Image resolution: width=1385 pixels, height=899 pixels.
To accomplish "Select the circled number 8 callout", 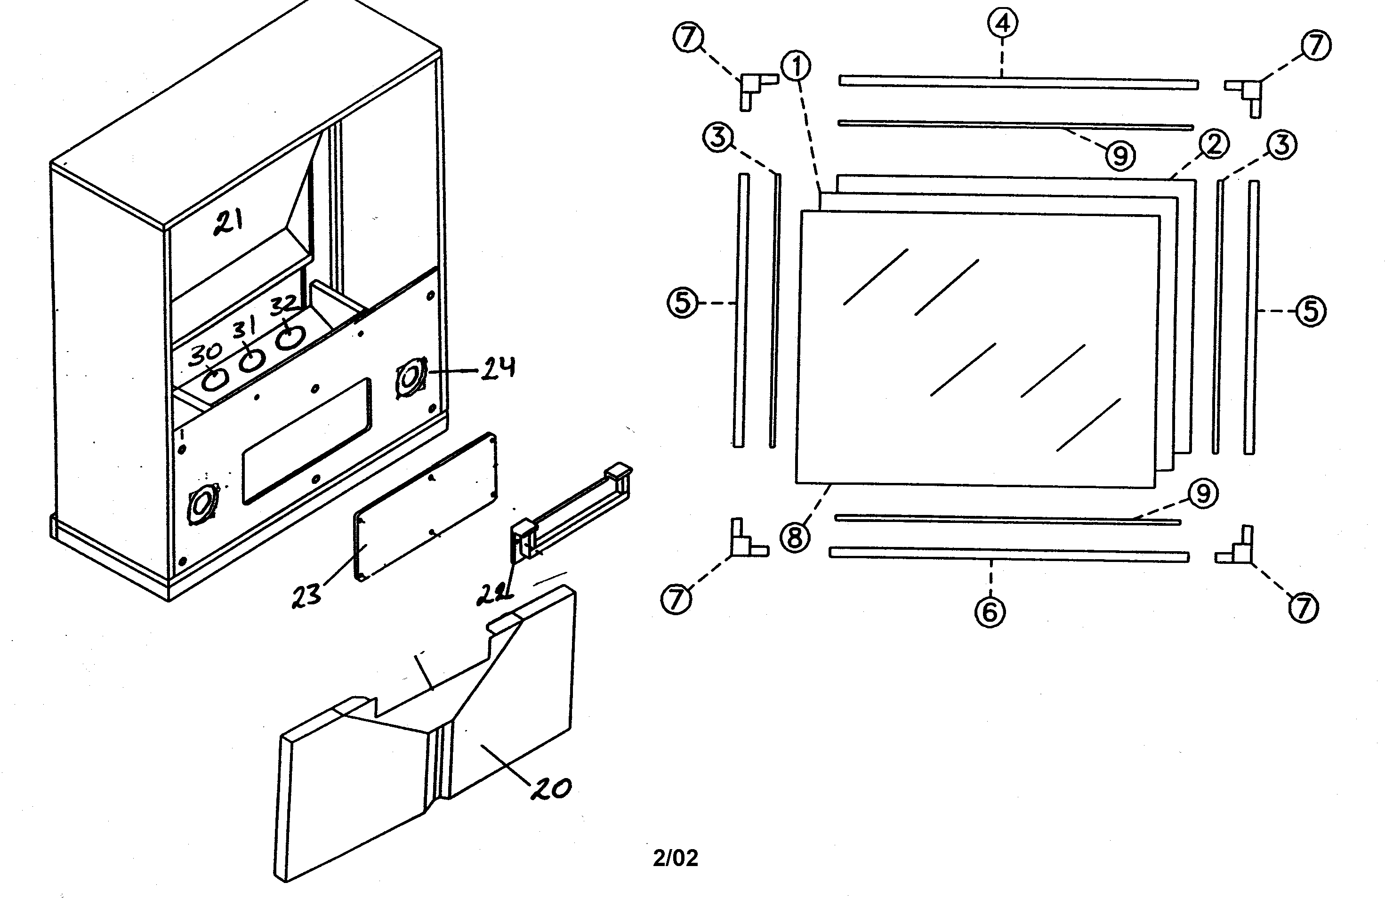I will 796,537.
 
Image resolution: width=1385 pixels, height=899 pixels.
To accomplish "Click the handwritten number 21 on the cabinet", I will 228,222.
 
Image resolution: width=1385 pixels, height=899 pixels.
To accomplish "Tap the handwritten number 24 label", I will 498,368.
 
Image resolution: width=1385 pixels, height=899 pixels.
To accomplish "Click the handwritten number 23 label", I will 306,595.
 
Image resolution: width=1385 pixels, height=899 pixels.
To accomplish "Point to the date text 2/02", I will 675,858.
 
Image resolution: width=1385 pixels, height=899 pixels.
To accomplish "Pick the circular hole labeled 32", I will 289,337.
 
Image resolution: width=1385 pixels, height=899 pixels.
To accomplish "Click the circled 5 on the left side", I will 682,303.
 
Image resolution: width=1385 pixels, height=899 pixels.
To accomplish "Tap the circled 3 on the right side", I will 1282,145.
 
